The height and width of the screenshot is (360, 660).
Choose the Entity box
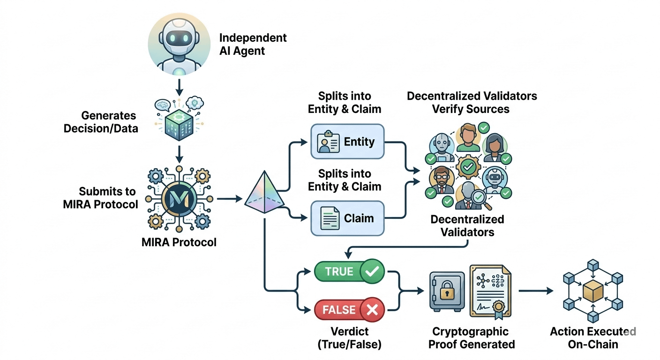coord(347,141)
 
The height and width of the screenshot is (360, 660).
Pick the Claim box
coord(347,218)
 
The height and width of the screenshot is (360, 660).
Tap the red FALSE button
coord(348,309)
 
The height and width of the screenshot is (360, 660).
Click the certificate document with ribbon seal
coord(489,291)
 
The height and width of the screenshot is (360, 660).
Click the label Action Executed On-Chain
coord(592,338)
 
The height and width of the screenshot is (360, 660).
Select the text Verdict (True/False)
coord(349,338)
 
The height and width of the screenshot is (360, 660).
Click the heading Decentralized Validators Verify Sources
coord(472,103)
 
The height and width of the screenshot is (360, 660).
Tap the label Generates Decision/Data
coord(109,122)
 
